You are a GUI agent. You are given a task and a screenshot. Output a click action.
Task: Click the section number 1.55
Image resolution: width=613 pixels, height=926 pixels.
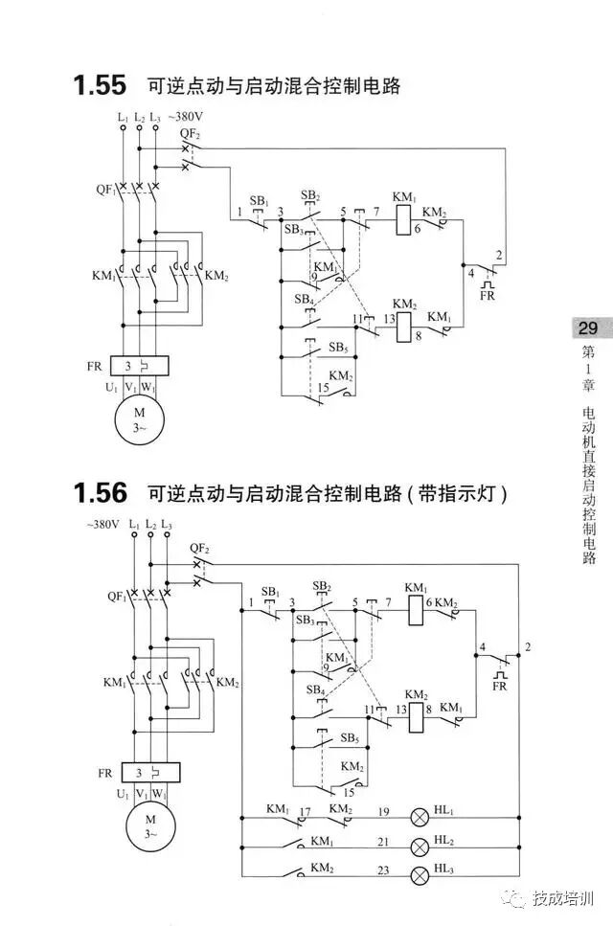pos(99,85)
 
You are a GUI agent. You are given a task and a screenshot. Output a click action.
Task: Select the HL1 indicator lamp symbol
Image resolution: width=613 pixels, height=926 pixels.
pos(420,817)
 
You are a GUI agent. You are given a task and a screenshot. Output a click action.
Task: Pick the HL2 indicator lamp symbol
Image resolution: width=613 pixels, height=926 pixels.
pos(420,847)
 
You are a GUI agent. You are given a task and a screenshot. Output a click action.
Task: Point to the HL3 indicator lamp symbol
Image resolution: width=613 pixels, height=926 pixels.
pos(420,875)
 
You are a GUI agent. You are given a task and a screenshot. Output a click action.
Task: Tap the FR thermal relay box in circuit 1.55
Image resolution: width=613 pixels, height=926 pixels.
pos(140,366)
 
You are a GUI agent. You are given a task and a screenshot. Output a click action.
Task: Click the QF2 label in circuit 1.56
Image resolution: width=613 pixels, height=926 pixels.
pos(199,548)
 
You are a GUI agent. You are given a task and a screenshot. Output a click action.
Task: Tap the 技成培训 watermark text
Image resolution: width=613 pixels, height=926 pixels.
pos(564,898)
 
